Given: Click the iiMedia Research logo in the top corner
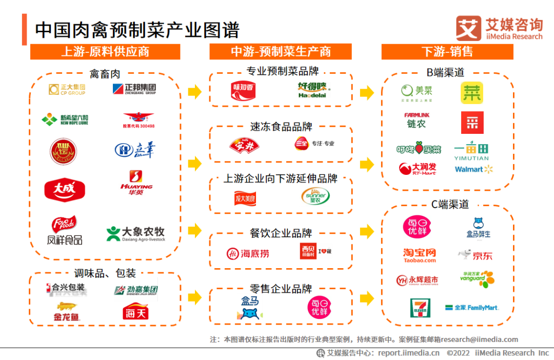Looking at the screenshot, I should pos(499,28).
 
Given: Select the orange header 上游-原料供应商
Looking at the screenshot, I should pos(105,52).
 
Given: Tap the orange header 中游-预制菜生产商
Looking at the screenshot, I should pos(281,52).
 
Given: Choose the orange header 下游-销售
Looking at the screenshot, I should pos(447,52).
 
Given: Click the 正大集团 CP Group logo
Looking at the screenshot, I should pos(67,90).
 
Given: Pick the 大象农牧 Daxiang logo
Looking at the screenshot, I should pos(136,234).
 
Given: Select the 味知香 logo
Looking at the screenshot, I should pos(241,90).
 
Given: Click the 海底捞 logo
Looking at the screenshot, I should pos(248,253).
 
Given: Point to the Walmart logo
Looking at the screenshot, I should pos(473,169).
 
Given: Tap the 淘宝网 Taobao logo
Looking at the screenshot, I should pos(420,255).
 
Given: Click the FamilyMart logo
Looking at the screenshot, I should pos(471,308).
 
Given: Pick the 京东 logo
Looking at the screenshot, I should pos(475,255).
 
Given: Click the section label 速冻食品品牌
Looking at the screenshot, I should pos(281,127).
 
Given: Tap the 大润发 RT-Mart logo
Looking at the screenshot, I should pos(418,168).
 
